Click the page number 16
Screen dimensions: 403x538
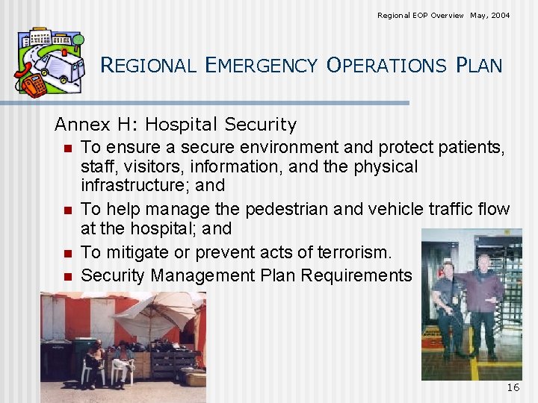coord(513,387)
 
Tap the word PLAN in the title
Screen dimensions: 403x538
coord(478,66)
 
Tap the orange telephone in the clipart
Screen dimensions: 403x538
coord(31,86)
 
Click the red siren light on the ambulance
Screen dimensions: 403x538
coord(65,53)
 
